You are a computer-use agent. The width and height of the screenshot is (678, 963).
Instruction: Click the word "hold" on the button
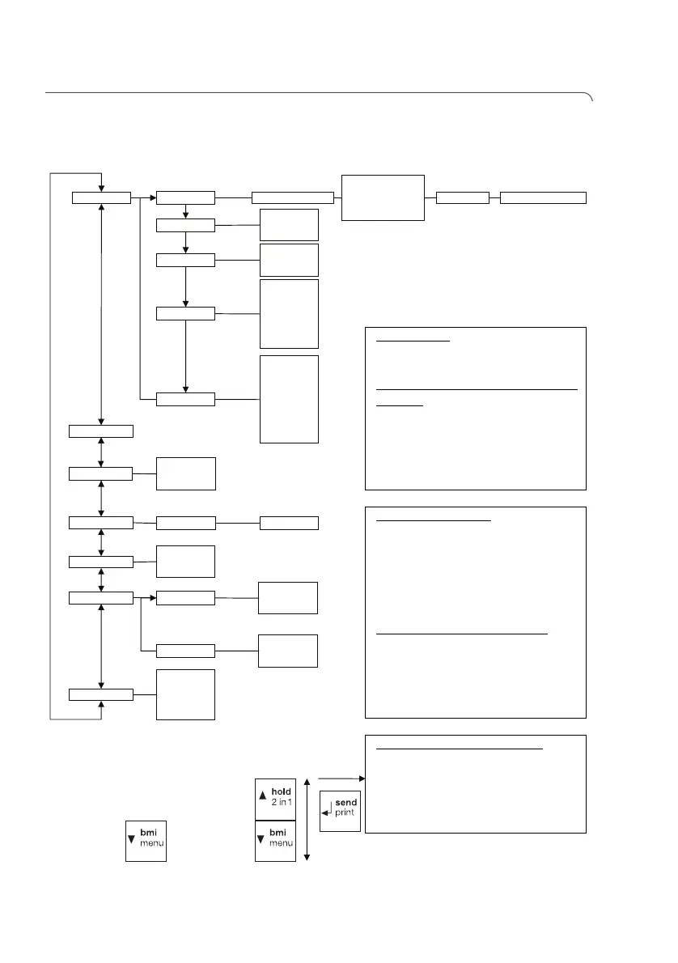[x=280, y=791]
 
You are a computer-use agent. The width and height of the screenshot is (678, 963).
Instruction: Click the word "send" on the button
[x=346, y=801]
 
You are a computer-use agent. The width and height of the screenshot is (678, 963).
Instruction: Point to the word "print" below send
[x=346, y=812]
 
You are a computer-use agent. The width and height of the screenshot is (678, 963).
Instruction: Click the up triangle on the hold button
[x=261, y=796]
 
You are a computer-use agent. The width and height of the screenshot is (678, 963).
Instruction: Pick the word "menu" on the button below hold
[x=279, y=842]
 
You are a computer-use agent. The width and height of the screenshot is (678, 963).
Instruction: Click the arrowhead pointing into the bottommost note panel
[x=362, y=779]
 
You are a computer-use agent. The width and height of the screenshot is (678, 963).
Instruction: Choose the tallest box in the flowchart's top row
[x=383, y=197]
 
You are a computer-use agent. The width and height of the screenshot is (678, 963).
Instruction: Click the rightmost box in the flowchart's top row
[x=543, y=197]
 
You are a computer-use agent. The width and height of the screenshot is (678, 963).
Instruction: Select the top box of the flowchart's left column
[x=101, y=197]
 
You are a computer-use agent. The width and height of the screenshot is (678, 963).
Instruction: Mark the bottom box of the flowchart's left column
[x=101, y=694]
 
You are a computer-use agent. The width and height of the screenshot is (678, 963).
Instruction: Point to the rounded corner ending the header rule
[x=591, y=97]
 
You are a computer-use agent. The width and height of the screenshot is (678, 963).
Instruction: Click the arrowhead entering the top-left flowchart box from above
[x=101, y=188]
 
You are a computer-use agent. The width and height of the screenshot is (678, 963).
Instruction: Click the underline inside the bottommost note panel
[x=460, y=749]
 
